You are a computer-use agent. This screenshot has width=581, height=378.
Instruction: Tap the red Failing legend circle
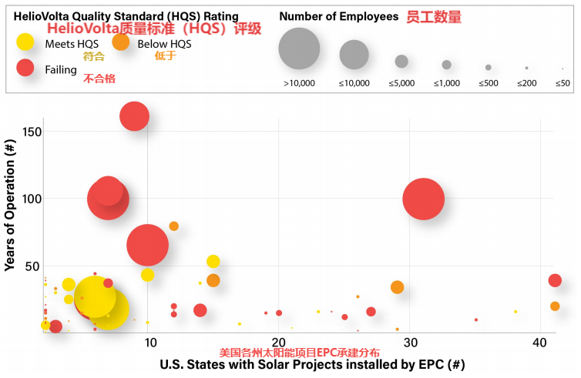click(25, 69)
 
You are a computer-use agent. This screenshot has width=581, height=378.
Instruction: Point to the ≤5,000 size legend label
click(401, 82)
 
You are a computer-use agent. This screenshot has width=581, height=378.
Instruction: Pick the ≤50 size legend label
click(563, 82)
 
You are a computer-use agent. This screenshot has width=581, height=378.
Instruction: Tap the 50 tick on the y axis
click(33, 266)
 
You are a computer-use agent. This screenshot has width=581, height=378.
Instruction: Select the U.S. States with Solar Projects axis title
click(312, 364)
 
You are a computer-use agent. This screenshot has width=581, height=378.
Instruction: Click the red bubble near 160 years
click(135, 116)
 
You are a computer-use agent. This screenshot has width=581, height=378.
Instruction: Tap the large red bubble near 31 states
click(423, 199)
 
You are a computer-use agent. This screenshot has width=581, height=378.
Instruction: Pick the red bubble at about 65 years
click(143, 245)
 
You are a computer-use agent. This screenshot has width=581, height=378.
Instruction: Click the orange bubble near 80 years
click(173, 226)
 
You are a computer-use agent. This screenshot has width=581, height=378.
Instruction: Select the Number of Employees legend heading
click(339, 16)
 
